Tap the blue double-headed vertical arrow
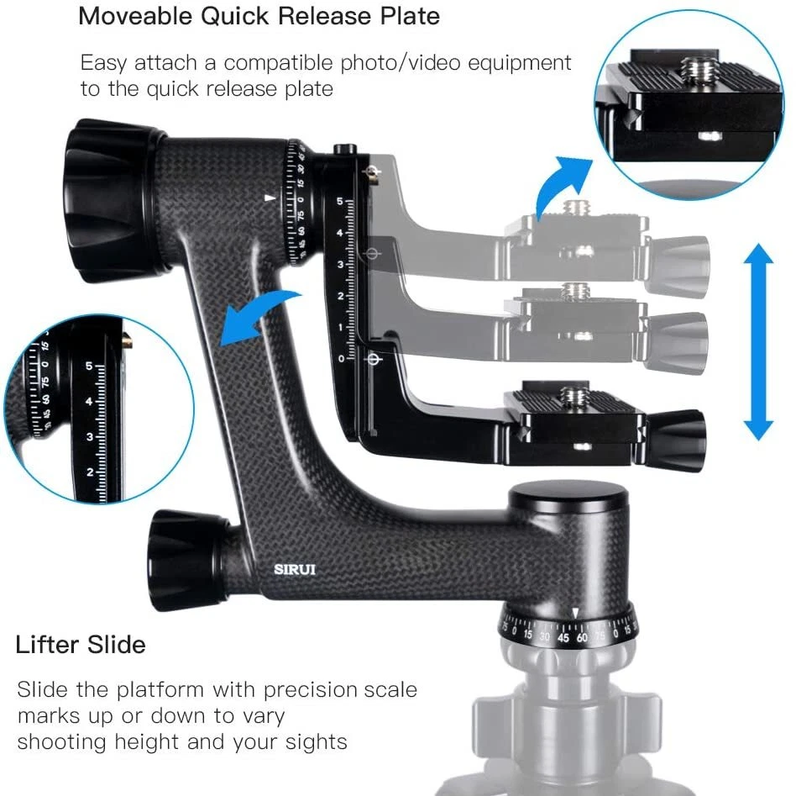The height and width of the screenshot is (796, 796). pos(757,340)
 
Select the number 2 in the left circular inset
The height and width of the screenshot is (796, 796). pos(90,472)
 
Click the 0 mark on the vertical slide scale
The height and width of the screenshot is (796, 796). pos(340,359)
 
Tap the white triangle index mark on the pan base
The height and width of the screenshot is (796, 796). pos(575,611)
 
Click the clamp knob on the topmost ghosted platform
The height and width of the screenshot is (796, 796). pos(681,253)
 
